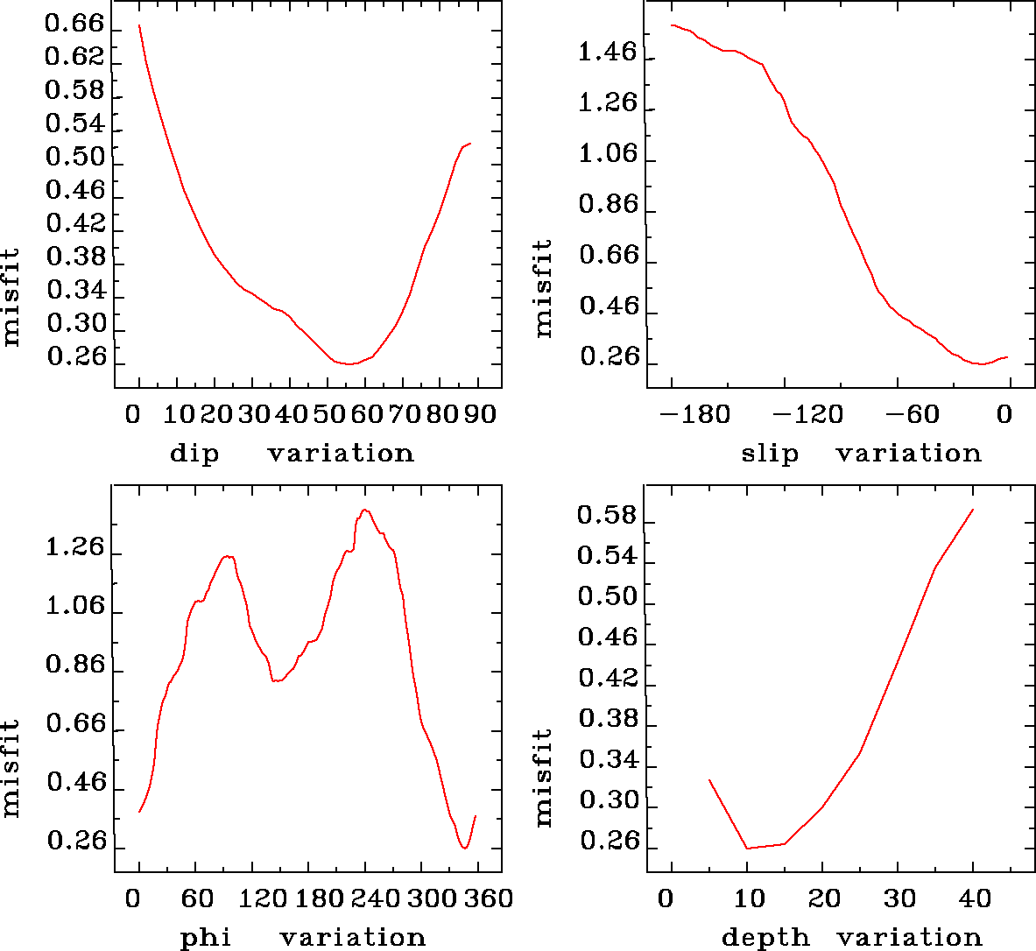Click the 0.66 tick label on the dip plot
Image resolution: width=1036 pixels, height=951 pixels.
[x=74, y=24]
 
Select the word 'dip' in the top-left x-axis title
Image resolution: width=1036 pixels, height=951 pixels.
[x=194, y=454]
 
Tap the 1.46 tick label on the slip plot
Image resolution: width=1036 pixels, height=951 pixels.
[x=608, y=53]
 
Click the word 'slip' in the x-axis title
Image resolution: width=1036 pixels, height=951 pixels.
[x=770, y=454]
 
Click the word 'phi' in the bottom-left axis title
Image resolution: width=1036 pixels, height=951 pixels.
[x=206, y=938]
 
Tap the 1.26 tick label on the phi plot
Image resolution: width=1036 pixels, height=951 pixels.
[x=74, y=549]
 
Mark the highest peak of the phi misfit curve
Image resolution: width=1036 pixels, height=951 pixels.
[x=365, y=510]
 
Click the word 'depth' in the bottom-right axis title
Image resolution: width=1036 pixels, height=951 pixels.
[x=765, y=938]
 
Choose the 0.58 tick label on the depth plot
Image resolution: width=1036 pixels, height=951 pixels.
[x=607, y=516]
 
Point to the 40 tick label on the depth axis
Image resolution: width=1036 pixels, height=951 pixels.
[x=973, y=898]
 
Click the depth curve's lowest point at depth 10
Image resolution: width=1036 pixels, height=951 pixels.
[x=747, y=848]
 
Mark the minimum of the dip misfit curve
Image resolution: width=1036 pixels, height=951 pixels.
[x=349, y=363]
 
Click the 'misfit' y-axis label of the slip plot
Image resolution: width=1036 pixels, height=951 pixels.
[x=544, y=288]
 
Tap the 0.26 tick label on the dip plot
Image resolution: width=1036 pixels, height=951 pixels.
[x=75, y=357]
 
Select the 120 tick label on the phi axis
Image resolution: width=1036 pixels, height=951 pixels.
[x=263, y=898]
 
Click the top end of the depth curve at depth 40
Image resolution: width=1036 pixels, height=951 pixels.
[x=973, y=510]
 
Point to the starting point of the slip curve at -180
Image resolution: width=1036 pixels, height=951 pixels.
[x=672, y=25]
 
